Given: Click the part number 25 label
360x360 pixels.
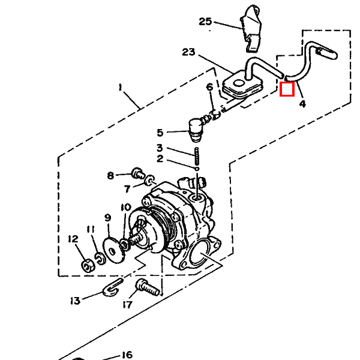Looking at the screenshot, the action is (205, 22).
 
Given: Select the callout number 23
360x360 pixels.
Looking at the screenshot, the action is (188, 52).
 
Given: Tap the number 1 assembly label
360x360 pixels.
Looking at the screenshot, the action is (120, 88).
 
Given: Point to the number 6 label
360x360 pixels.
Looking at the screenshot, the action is (209, 87).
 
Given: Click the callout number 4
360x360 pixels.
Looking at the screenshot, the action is (302, 104).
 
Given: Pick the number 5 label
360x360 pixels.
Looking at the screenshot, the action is (160, 133).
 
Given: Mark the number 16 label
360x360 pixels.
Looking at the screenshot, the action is (127, 355).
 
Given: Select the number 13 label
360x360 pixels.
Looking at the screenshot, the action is (75, 301).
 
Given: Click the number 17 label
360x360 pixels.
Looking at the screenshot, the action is (128, 305).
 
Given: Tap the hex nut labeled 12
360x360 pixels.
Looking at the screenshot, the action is (87, 266).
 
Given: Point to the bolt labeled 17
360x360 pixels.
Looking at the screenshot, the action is (148, 287).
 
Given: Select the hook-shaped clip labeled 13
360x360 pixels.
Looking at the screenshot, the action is (112, 288).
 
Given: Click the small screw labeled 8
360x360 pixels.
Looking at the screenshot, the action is (138, 173).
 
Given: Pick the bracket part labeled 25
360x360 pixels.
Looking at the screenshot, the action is (251, 28).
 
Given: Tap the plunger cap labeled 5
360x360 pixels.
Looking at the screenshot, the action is (196, 130).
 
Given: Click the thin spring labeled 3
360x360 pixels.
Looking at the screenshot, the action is (197, 157).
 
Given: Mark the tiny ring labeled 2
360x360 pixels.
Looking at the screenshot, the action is (197, 169).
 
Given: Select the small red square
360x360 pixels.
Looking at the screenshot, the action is (287, 89).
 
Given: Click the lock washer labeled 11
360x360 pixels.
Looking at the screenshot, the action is (100, 258).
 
